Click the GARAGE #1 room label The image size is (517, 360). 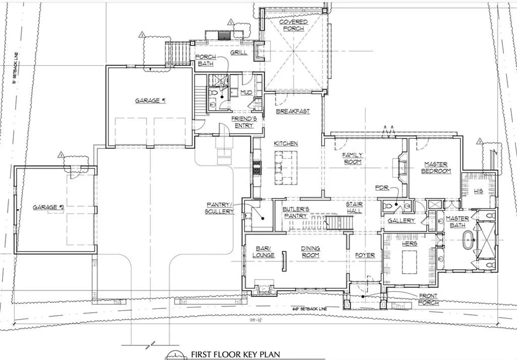point(150,100)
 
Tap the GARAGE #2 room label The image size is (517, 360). point(48,207)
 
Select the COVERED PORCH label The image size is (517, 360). point(292,25)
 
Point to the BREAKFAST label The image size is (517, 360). point(292,111)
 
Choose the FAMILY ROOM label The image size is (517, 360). point(352,158)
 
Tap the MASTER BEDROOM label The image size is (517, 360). point(436,168)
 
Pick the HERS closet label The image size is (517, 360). point(408,243)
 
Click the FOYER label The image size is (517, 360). point(365,255)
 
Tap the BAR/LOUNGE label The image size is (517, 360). point(264,251)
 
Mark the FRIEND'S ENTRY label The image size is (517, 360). point(244,122)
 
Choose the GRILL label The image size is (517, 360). point(238,53)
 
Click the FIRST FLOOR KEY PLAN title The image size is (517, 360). point(235,355)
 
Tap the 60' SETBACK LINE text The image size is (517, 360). point(309,308)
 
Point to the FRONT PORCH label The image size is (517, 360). point(428,299)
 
